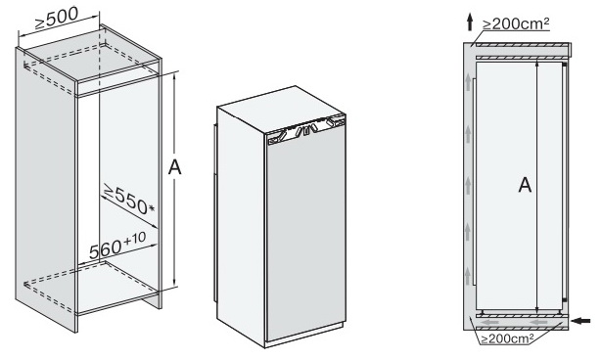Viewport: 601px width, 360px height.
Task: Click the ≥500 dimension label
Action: point(57,19)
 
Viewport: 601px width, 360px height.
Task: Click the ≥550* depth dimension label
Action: point(128,200)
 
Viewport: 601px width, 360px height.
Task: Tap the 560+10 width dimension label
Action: point(117,246)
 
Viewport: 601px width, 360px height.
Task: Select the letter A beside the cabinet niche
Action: point(175,167)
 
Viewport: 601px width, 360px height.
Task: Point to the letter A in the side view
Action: point(525,185)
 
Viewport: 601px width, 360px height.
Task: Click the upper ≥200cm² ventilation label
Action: point(516,23)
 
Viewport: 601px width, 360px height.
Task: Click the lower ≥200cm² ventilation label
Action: point(507,338)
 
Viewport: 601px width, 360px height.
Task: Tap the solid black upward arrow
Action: point(470,22)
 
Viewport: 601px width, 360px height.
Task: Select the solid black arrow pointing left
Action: point(581,320)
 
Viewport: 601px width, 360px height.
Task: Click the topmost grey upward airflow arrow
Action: point(468,83)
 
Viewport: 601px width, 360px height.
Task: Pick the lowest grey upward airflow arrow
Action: point(468,277)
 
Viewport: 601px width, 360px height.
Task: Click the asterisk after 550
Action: point(152,208)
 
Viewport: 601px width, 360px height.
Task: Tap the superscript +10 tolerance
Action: point(134,239)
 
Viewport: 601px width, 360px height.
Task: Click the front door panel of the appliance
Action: point(305,238)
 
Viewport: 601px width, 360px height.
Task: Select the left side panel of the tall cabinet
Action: point(45,189)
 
